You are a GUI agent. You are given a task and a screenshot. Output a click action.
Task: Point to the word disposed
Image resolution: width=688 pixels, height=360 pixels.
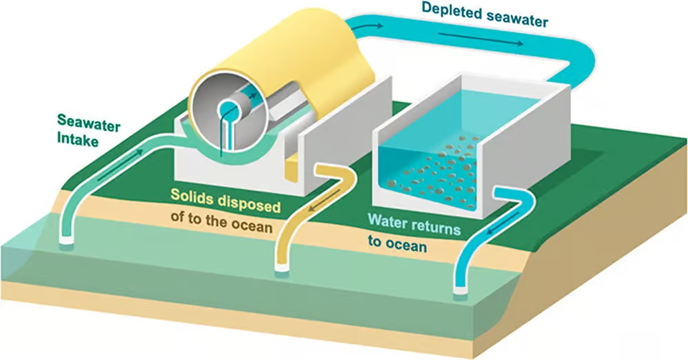249,203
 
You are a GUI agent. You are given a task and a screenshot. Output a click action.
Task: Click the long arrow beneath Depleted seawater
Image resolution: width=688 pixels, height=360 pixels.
480,39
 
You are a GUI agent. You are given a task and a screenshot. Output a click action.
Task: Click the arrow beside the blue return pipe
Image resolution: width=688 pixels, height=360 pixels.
505,222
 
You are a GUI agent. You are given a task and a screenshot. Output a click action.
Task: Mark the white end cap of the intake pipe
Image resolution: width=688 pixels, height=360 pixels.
68,241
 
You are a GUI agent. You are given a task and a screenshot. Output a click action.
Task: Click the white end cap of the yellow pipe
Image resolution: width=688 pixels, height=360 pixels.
283,268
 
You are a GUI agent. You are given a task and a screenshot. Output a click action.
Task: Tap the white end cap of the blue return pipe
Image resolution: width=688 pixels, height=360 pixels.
461,290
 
